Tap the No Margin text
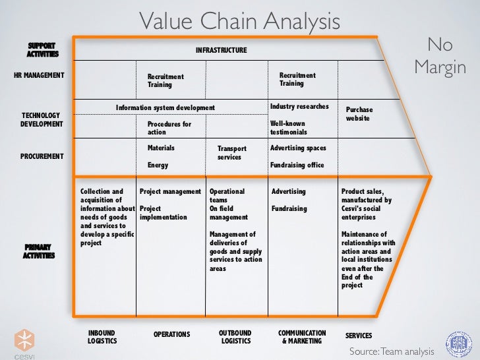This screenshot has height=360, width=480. pyautogui.click(x=440, y=56)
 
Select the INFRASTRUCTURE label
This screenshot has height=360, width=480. pyautogui.click(x=221, y=50)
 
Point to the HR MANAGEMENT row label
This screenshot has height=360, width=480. pyautogui.click(x=39, y=75)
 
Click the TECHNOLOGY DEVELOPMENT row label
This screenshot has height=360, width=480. pyautogui.click(x=42, y=119)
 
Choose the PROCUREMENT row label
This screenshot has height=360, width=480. pyautogui.click(x=42, y=156)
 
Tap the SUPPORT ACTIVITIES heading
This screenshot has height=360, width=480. pyautogui.click(x=42, y=49)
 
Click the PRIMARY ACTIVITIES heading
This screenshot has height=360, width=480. pyautogui.click(x=39, y=251)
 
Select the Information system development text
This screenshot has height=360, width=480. pyautogui.click(x=165, y=107)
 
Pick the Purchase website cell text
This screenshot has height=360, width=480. pyautogui.click(x=359, y=113)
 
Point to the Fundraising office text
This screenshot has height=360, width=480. pyautogui.click(x=297, y=165)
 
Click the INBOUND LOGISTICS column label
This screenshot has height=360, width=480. pyautogui.click(x=102, y=337)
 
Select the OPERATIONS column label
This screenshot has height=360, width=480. pyautogui.click(x=171, y=334)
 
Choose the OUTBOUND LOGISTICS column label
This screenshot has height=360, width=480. pyautogui.click(x=235, y=337)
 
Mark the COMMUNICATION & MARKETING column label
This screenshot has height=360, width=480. pyautogui.click(x=302, y=337)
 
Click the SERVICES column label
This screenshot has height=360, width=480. pyautogui.click(x=359, y=336)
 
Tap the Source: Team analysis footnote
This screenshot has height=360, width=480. pyautogui.click(x=392, y=351)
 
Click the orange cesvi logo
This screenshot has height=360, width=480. pyautogui.click(x=24, y=340)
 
